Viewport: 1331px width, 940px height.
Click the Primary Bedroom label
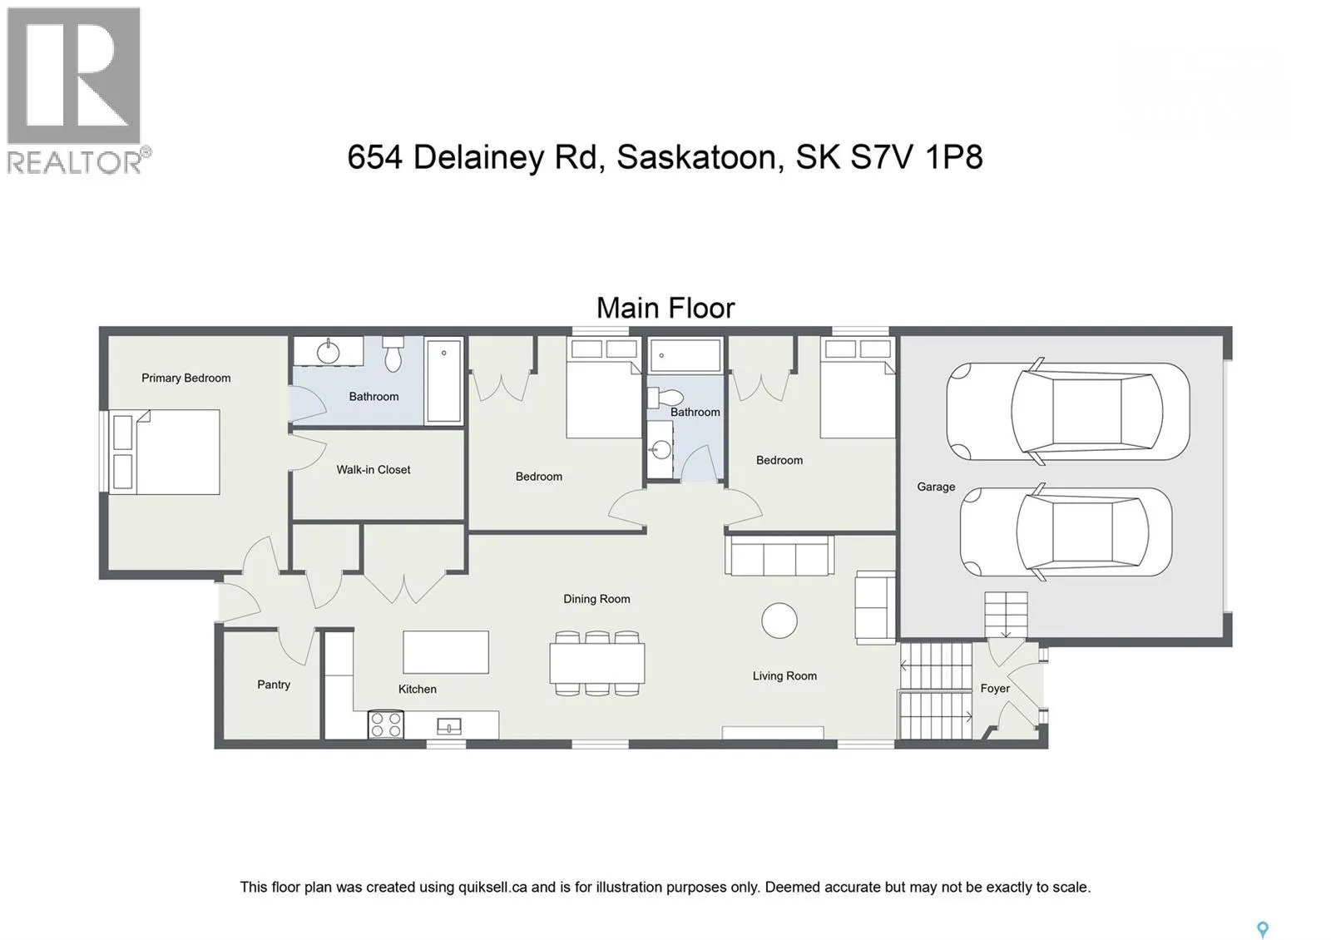[186, 378]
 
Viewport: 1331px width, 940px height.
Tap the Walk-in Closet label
[373, 470]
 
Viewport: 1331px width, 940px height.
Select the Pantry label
[273, 685]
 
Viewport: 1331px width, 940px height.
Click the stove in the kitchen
[386, 725]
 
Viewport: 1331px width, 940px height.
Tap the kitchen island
[446, 652]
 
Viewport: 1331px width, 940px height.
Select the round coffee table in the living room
[779, 621]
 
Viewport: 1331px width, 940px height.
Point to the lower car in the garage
[1066, 532]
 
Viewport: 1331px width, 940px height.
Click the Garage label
[935, 487]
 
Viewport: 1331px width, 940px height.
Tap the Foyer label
[994, 689]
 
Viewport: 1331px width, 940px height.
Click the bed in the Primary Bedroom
[166, 452]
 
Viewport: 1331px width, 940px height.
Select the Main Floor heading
[665, 309]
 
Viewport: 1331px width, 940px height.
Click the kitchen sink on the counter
[449, 727]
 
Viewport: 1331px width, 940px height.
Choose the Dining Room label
[596, 599]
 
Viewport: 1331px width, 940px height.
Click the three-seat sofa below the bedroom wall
[779, 556]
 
